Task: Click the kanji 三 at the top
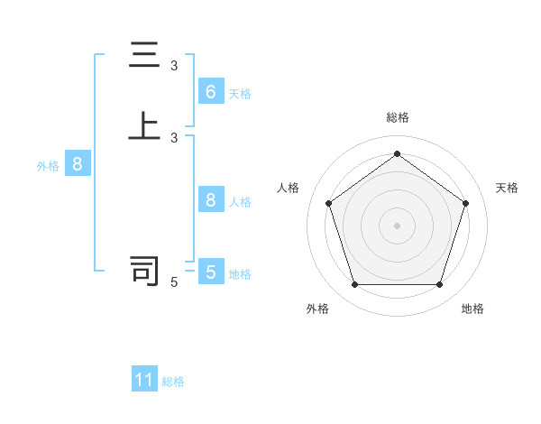(x=144, y=57)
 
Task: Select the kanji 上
(x=144, y=126)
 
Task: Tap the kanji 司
(x=144, y=270)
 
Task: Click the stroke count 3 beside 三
(x=174, y=66)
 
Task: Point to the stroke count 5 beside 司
(x=174, y=282)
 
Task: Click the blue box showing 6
(x=211, y=91)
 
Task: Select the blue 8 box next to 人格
(x=211, y=199)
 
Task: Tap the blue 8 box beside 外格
(x=78, y=164)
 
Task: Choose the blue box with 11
(x=144, y=380)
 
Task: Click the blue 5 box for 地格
(x=211, y=272)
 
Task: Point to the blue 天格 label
(x=240, y=94)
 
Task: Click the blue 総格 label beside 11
(x=173, y=383)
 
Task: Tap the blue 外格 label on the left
(x=48, y=167)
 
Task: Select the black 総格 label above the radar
(x=397, y=117)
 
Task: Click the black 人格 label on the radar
(x=289, y=188)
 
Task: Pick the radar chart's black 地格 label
(x=472, y=309)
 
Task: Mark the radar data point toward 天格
(x=466, y=203)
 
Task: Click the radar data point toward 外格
(x=354, y=285)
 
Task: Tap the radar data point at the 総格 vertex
(x=397, y=153)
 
